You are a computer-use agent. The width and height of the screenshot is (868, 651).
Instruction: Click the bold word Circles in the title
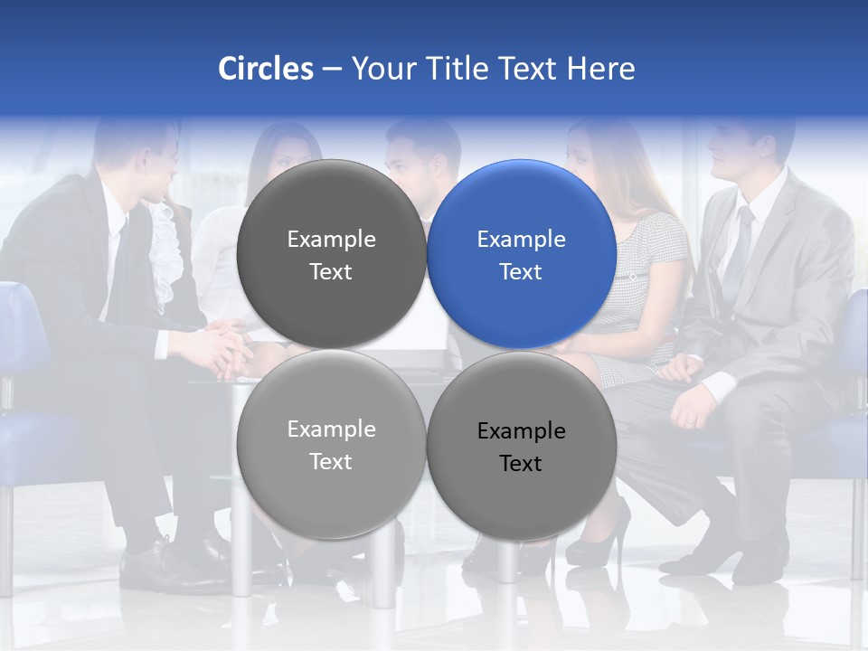(x=265, y=69)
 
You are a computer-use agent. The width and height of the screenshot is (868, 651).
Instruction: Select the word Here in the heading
(x=600, y=69)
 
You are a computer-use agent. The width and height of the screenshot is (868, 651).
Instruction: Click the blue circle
(x=521, y=254)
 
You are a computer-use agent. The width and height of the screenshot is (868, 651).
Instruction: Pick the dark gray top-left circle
(x=331, y=254)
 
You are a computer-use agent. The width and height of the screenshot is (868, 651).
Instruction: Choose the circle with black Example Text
(x=521, y=446)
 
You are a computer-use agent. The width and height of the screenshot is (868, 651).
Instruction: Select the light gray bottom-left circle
(x=331, y=444)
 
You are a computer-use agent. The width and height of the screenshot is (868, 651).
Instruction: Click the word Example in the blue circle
(x=521, y=240)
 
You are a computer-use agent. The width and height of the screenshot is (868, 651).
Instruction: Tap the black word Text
(x=521, y=464)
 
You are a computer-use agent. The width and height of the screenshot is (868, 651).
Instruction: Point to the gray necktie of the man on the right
(x=739, y=244)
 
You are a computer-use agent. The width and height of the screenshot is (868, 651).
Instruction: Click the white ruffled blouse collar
(x=161, y=253)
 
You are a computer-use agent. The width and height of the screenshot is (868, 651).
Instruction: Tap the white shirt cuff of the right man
(x=720, y=387)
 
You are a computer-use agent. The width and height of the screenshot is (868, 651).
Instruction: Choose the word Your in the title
(x=382, y=69)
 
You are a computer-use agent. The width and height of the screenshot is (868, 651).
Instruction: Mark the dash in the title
(x=332, y=70)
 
